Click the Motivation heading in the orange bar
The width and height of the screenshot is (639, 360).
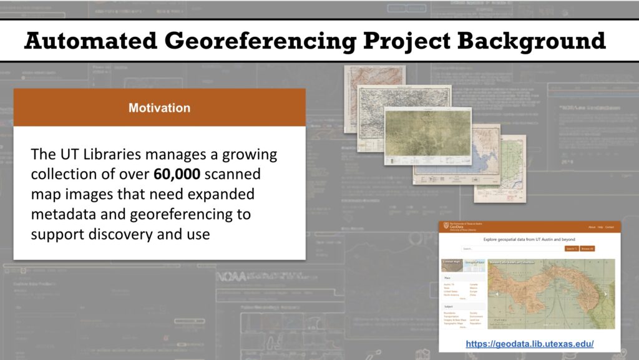159,108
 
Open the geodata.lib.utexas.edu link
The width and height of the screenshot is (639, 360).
529,344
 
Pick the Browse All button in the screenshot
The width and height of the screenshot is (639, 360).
587,248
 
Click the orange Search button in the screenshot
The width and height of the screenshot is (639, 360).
570,248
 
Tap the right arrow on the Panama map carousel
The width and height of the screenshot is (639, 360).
605,294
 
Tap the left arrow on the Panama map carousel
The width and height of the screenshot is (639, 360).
496,294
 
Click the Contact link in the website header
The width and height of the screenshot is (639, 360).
610,227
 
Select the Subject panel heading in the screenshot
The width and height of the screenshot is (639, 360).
449,307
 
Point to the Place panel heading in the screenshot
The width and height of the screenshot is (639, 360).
447,278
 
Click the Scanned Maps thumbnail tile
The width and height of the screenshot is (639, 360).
451,265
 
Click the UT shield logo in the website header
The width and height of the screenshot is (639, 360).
446,226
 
